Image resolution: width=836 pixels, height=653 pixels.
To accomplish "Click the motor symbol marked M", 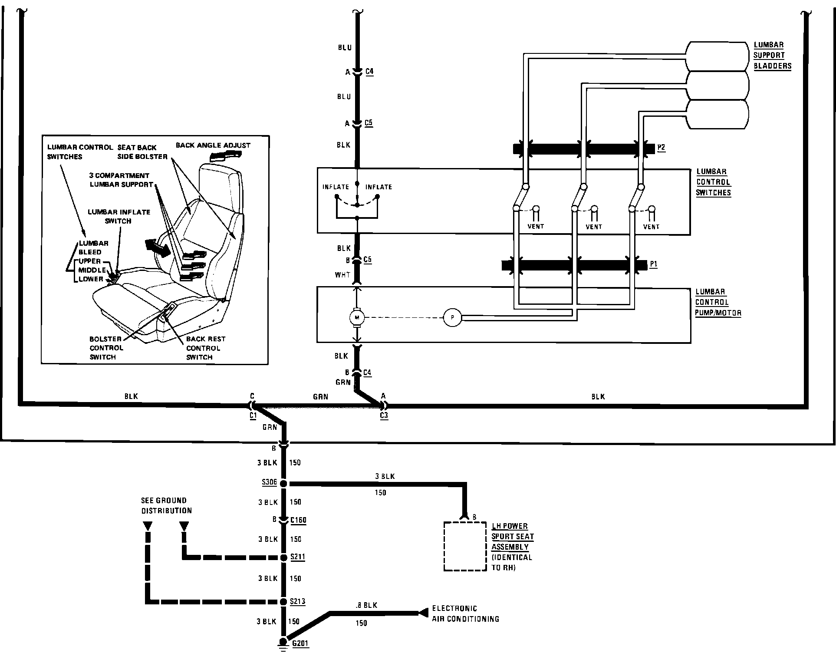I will click(x=357, y=318).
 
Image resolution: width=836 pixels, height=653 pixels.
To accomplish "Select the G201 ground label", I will click(x=300, y=643).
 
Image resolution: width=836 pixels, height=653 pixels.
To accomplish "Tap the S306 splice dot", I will click(x=283, y=483).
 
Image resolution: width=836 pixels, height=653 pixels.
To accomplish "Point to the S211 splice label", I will click(x=298, y=557).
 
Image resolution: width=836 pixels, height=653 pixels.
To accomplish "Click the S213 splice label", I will click(x=298, y=602).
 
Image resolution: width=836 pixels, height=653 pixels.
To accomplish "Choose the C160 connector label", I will click(x=298, y=520).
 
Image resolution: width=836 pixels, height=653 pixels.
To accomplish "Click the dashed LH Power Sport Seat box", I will click(x=465, y=546).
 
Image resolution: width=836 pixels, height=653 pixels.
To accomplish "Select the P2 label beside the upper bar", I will click(x=661, y=148).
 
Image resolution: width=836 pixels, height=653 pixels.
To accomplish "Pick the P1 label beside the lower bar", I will click(x=654, y=264).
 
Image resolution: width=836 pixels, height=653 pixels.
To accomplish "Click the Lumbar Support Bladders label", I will click(x=772, y=56).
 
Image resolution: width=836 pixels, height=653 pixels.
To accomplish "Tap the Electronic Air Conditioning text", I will click(x=465, y=614).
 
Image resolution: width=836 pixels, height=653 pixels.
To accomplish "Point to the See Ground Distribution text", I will click(x=166, y=505).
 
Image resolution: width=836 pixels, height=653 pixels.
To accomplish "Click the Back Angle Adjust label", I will click(x=213, y=145).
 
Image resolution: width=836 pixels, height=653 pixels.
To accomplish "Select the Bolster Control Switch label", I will click(x=106, y=348).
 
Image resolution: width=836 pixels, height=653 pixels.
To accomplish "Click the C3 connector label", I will click(x=384, y=416).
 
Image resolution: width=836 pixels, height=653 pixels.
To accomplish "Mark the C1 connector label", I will click(x=253, y=416).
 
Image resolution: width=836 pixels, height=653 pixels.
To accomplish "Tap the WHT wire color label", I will click(x=342, y=275).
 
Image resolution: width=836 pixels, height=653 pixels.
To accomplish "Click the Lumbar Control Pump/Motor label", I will click(x=718, y=302).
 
